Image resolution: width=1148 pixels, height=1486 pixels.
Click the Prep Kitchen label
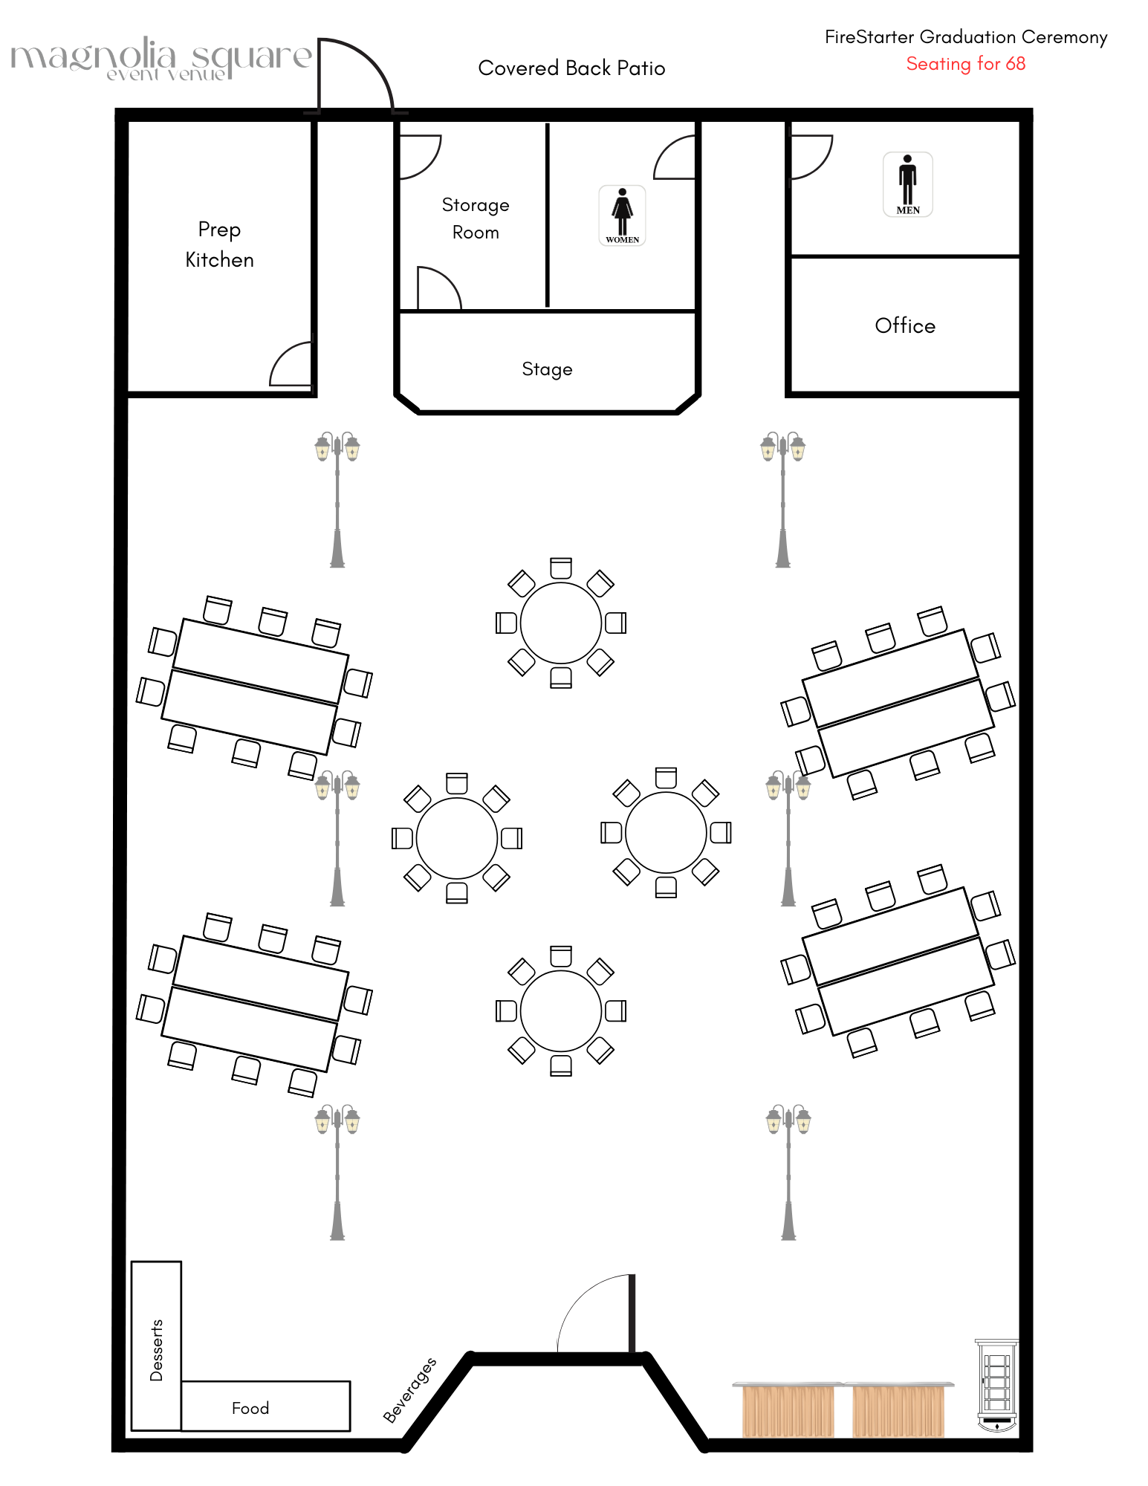pyautogui.click(x=219, y=244)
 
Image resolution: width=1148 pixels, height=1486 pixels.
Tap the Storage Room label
pyautogui.click(x=476, y=218)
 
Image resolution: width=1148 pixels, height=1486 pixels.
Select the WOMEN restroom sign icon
pyautogui.click(x=622, y=215)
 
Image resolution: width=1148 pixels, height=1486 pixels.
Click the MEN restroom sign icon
pyautogui.click(x=907, y=184)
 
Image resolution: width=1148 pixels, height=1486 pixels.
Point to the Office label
pyautogui.click(x=904, y=325)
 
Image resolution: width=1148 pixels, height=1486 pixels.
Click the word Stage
pyautogui.click(x=547, y=369)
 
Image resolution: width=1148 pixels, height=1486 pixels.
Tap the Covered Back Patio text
pyautogui.click(x=571, y=68)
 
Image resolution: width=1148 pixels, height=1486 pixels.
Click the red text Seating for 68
pyautogui.click(x=965, y=64)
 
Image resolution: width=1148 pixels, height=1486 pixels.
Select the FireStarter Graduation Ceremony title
pyautogui.click(x=965, y=37)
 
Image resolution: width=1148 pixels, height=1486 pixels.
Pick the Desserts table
pyautogui.click(x=156, y=1345)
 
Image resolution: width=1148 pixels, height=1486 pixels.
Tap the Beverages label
pyautogui.click(x=409, y=1389)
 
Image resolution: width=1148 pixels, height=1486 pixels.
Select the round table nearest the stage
pyautogui.click(x=560, y=623)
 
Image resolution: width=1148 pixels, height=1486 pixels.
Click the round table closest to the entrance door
pyautogui.click(x=560, y=1010)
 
